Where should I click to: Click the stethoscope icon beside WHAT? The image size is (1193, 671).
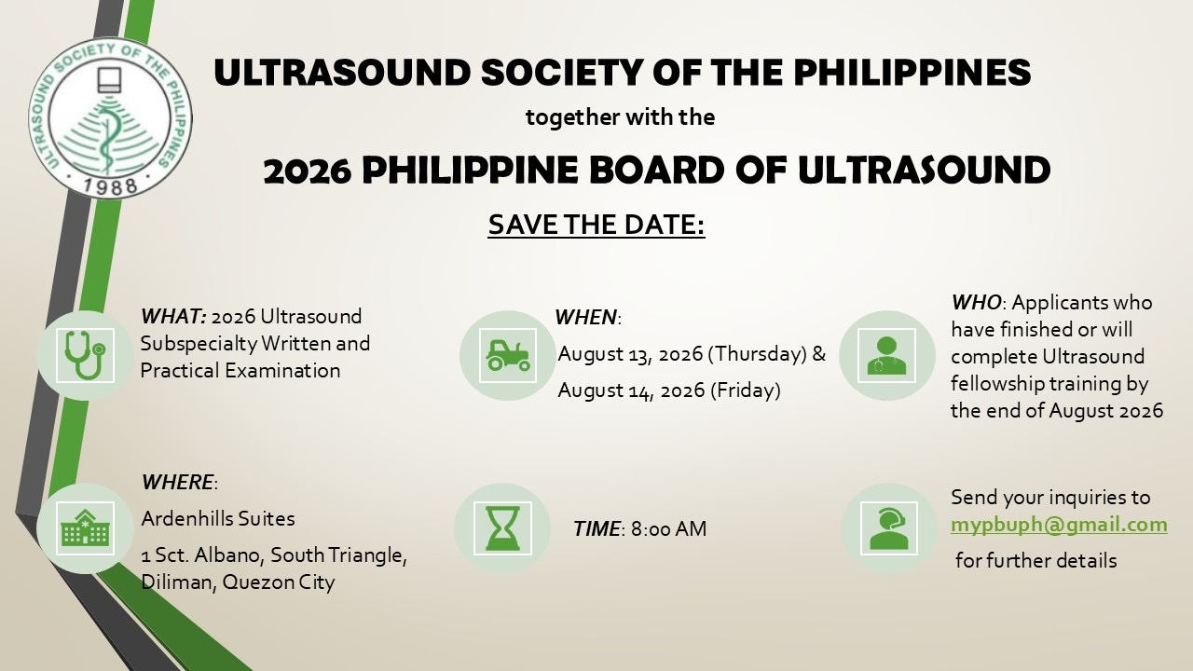point(85,355)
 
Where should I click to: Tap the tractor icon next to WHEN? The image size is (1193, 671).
point(508,355)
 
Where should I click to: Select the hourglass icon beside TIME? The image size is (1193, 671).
point(502,528)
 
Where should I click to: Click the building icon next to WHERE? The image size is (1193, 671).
point(85,527)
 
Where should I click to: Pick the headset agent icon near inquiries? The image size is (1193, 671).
point(889,528)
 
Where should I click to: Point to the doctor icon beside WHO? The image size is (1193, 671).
point(886,355)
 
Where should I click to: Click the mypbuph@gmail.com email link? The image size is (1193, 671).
point(1059,525)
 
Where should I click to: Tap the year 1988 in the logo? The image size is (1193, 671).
point(111,185)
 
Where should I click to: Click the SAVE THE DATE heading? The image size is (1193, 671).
point(596,225)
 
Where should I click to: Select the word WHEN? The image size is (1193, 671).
point(585,318)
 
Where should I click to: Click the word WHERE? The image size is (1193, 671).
point(177,483)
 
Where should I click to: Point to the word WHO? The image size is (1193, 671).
point(976,303)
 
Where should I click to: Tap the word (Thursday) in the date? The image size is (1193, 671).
point(757,354)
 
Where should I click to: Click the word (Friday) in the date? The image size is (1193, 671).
point(745,390)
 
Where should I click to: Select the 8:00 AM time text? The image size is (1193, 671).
point(669,528)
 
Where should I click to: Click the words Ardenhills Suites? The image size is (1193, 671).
point(218,518)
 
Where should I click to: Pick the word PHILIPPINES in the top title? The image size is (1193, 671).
point(912,73)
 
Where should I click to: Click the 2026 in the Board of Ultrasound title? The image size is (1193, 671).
point(308,171)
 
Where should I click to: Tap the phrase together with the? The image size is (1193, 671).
point(620,117)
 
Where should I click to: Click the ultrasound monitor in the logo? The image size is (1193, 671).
point(110,80)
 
